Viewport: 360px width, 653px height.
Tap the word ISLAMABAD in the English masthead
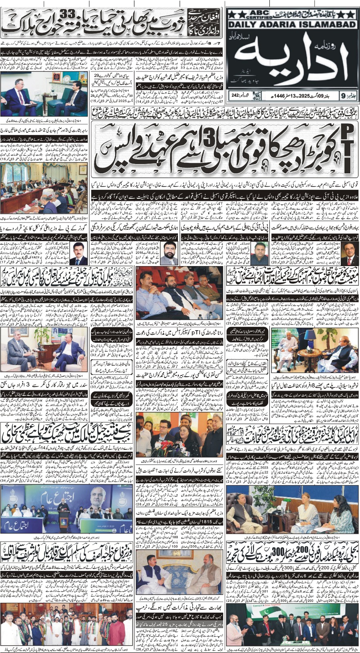tap(331, 25)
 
